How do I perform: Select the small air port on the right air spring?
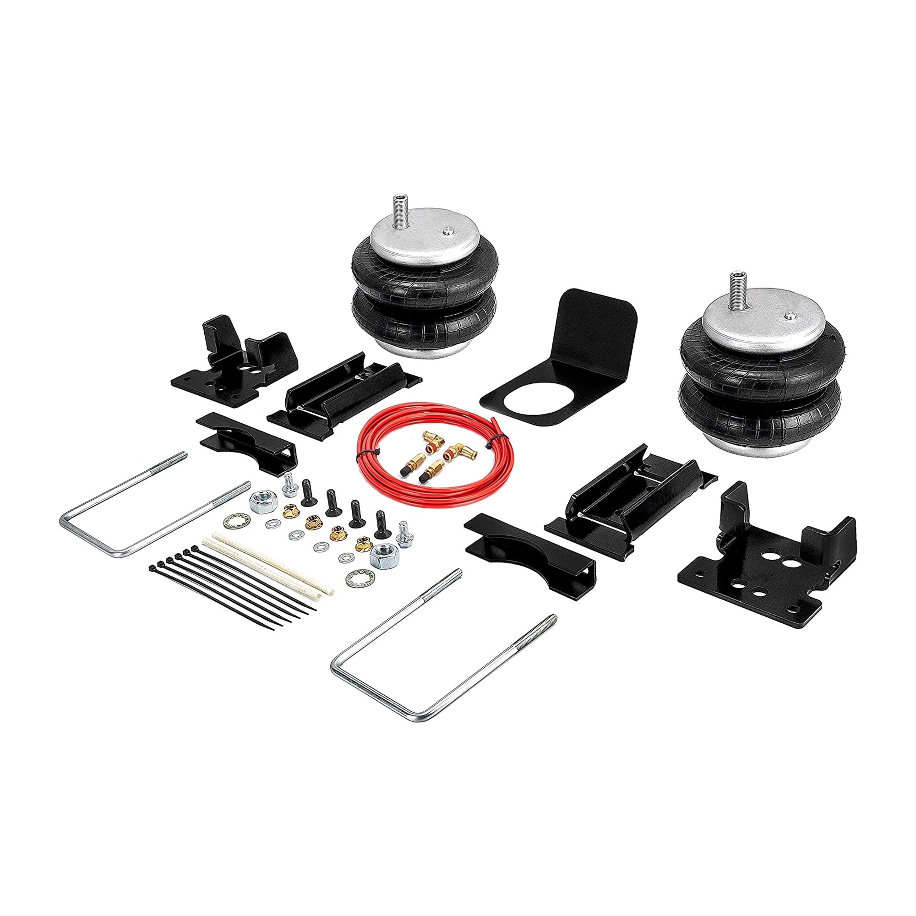pyautogui.click(x=789, y=316)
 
